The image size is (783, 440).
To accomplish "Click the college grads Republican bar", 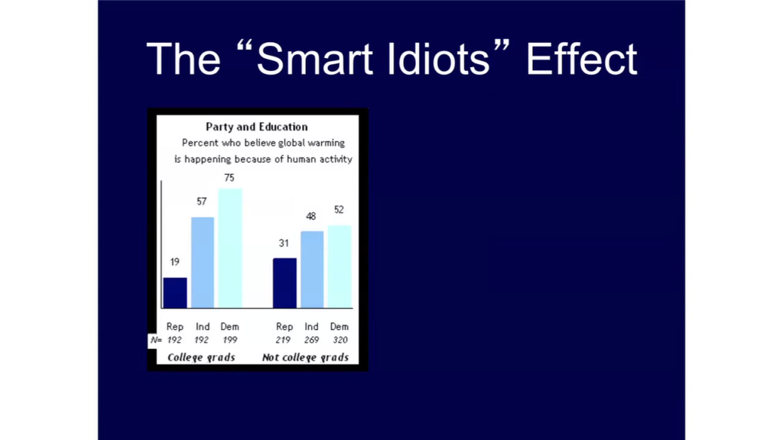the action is [x=175, y=293].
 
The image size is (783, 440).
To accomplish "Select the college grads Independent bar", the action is [x=203, y=263].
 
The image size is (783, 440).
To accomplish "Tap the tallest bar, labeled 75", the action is [x=230, y=248].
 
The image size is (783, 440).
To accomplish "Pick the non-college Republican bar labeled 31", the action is [x=284, y=283].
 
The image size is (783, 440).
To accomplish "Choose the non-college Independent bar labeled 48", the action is [x=312, y=270].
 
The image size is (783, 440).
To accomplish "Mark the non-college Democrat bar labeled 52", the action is [x=340, y=267].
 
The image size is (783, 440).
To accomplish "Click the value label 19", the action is [x=174, y=262].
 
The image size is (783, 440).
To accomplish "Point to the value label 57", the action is [x=201, y=202].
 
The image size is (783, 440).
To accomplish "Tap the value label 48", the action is [x=310, y=216].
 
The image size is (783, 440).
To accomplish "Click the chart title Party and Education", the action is [x=257, y=127].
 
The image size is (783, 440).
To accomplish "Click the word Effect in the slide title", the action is [x=582, y=59].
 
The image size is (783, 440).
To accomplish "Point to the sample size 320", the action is [x=340, y=340].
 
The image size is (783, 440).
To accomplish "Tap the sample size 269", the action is [x=311, y=340].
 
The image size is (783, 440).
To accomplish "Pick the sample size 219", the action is [x=283, y=340].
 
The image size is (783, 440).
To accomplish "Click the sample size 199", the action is [x=229, y=340].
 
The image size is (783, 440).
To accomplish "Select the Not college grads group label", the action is [x=305, y=357].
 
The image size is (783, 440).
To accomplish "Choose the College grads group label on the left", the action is [x=201, y=357].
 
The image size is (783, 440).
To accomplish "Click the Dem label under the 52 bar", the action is [x=339, y=326].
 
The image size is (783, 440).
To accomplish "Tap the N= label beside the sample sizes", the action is [x=156, y=340].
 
